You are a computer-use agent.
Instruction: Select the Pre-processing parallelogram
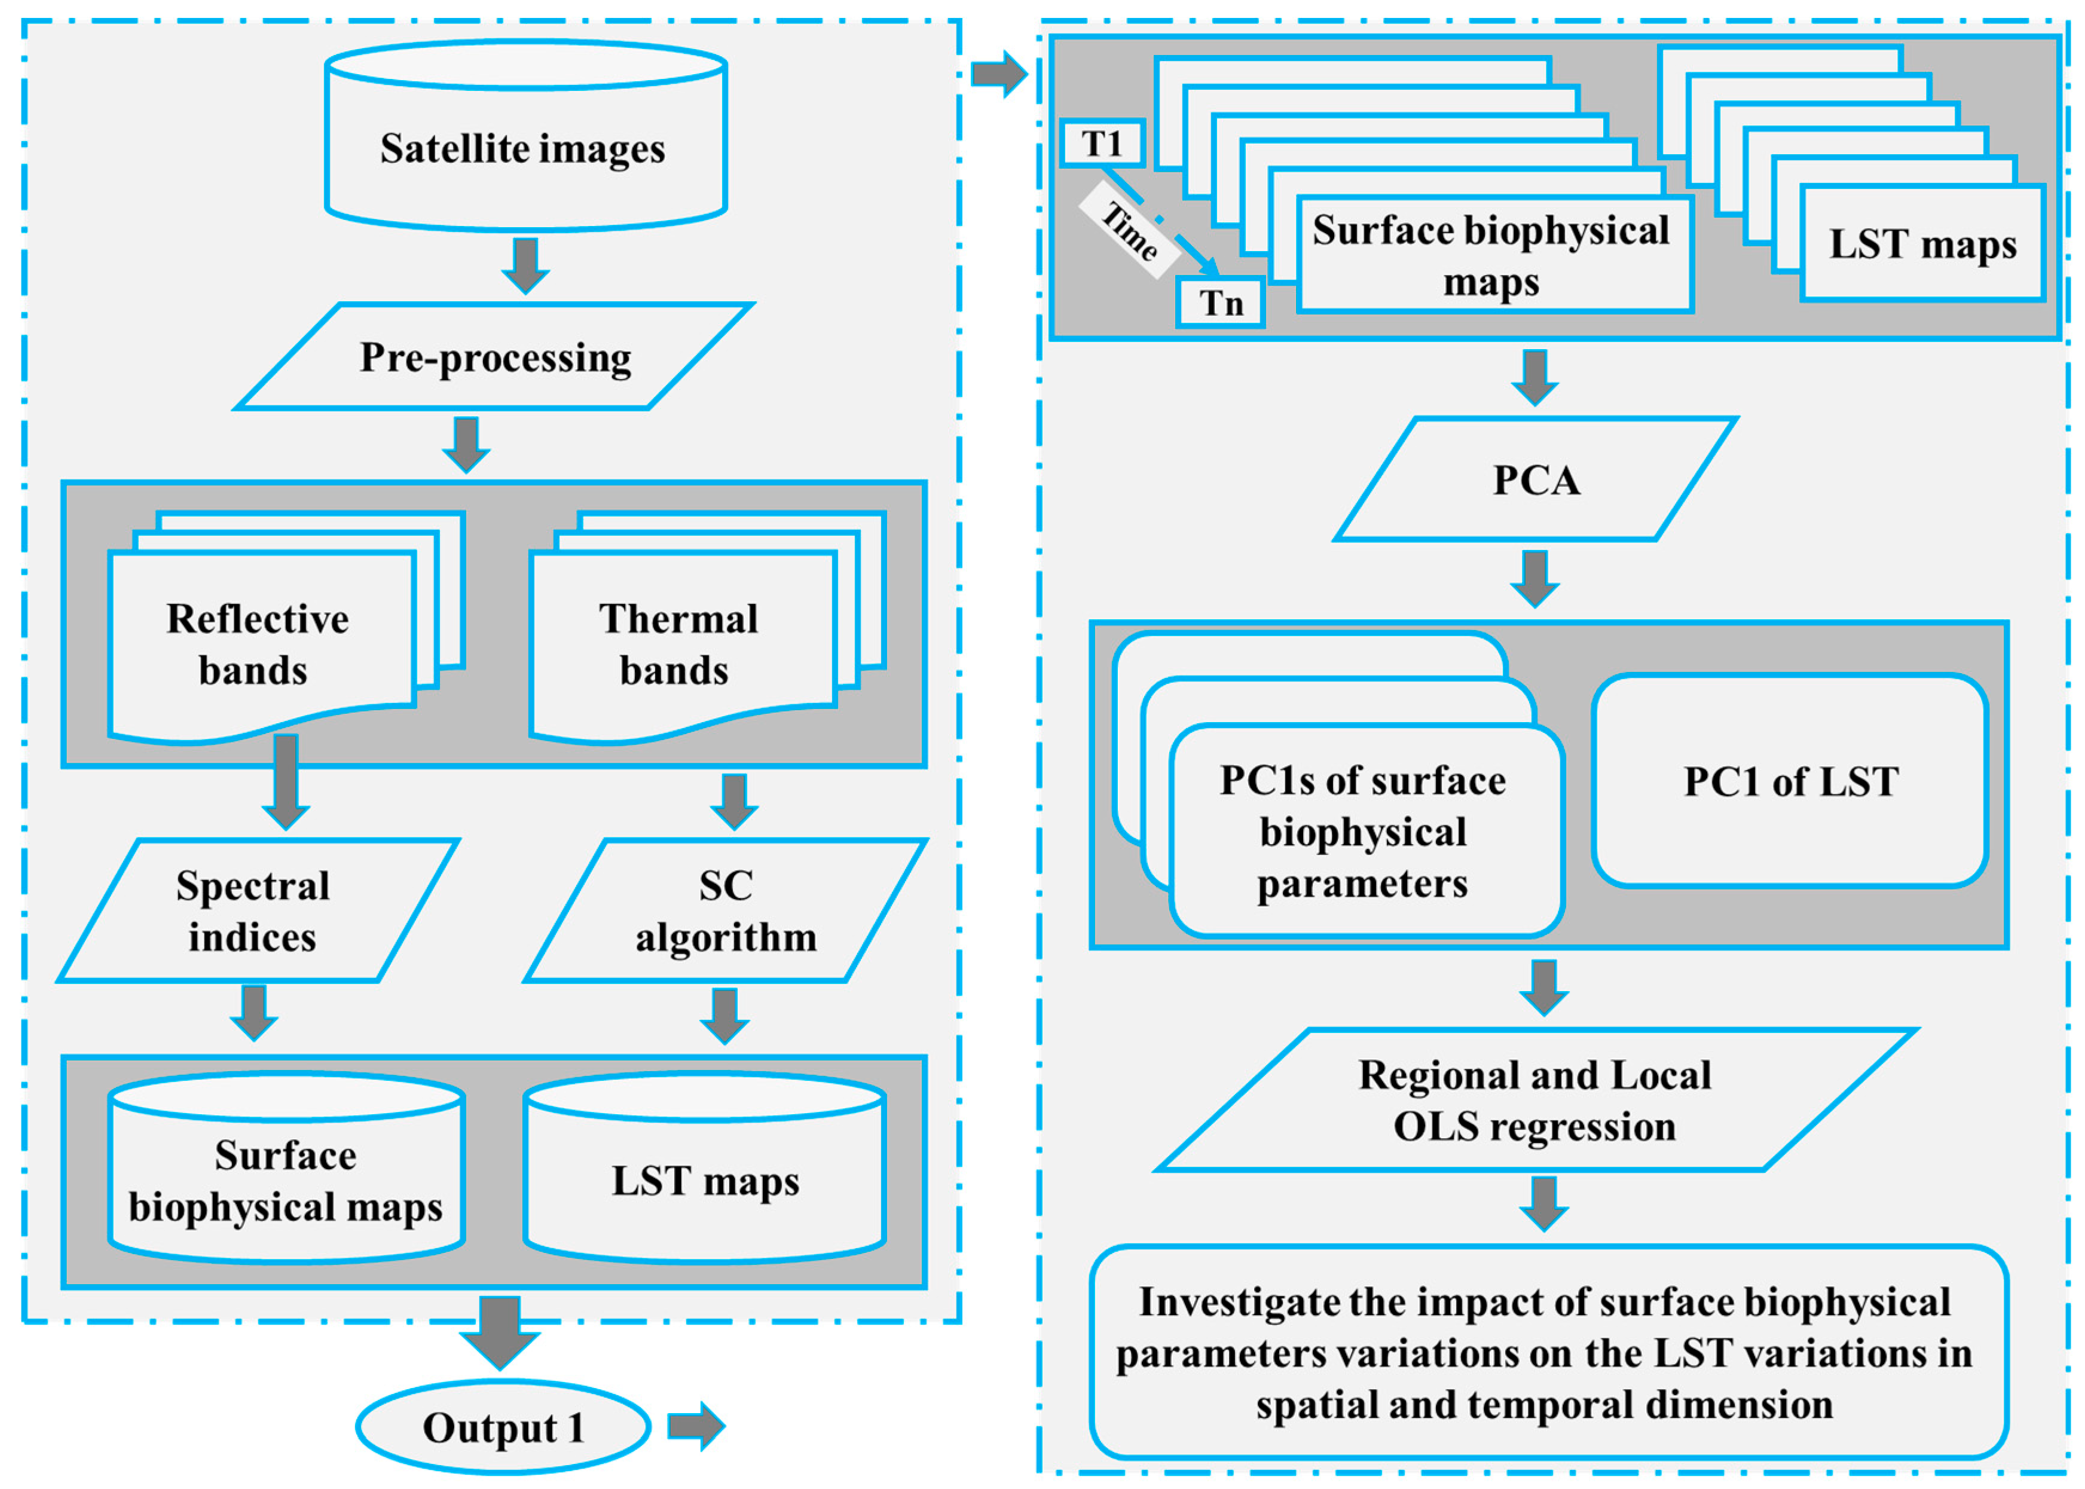[x=495, y=357]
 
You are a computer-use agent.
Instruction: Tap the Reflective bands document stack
[x=261, y=642]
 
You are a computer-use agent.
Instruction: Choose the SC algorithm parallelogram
[x=724, y=910]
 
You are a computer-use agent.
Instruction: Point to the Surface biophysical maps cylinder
[x=286, y=1180]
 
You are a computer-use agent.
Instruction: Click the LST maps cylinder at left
[x=704, y=1180]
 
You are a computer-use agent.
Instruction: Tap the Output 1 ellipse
[x=503, y=1427]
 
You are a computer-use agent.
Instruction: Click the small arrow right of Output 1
[x=696, y=1426]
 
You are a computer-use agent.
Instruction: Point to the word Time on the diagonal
[x=1130, y=230]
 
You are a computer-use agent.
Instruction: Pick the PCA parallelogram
[x=1536, y=479]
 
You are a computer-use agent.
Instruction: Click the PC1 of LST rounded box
[x=1789, y=781]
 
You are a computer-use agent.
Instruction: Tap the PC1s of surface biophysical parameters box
[x=1364, y=831]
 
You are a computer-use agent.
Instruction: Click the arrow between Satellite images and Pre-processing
[x=525, y=265]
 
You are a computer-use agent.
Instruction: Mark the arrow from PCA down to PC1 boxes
[x=1535, y=577]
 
